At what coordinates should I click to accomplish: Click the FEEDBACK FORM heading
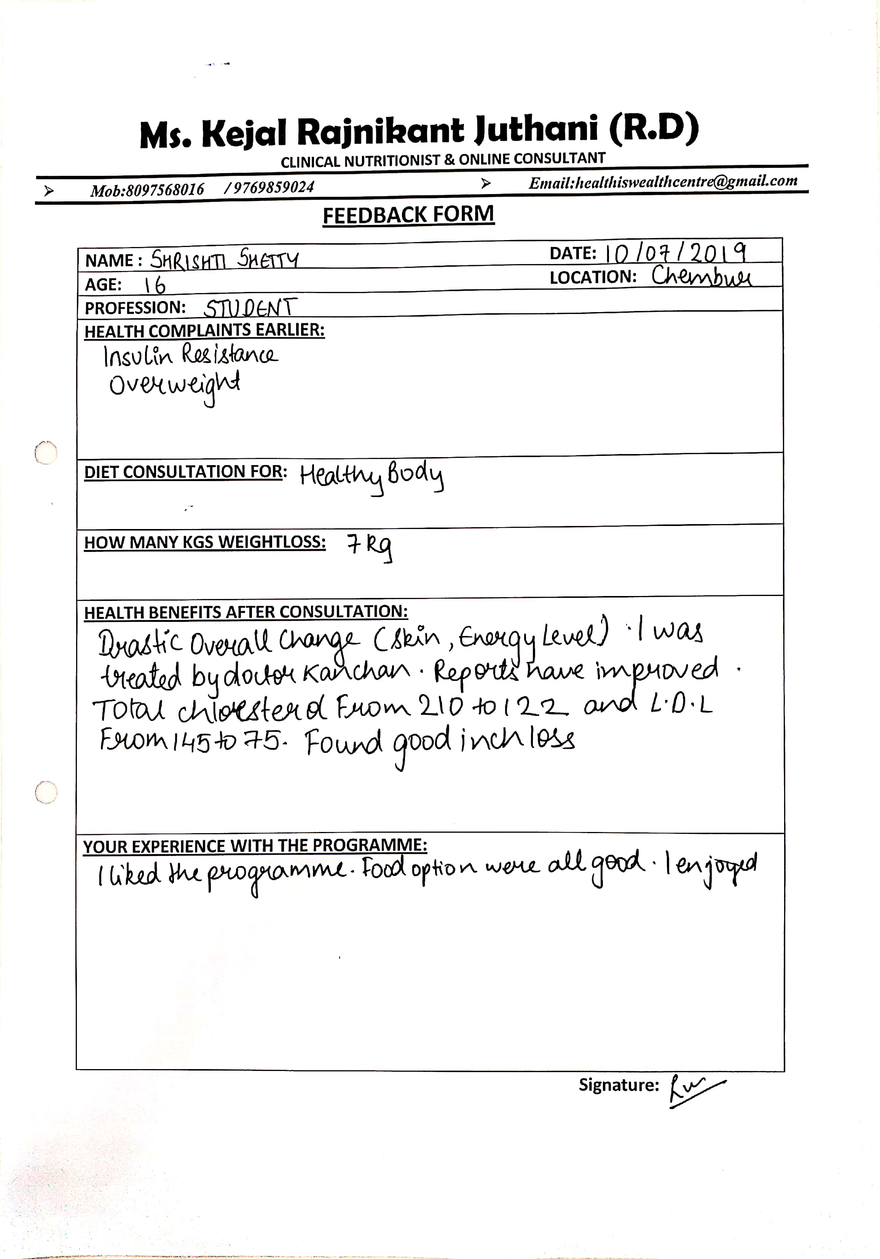click(408, 215)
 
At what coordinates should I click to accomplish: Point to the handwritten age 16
click(154, 285)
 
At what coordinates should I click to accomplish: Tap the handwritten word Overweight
click(174, 385)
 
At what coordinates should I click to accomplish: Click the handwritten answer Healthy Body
click(371, 475)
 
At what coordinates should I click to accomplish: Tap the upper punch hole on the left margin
click(46, 453)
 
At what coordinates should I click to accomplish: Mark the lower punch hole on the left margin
click(46, 792)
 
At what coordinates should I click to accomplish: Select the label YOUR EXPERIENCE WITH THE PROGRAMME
click(255, 846)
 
